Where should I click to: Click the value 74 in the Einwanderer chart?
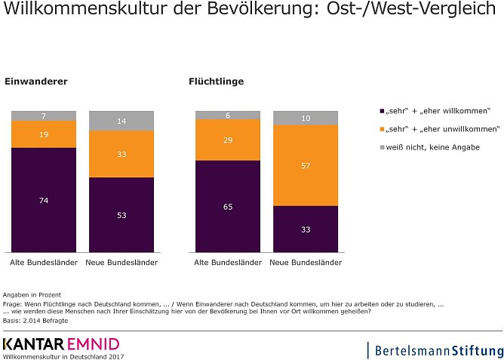coord(44,200)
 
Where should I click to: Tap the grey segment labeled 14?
coord(121,121)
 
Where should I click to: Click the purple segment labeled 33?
coord(306,229)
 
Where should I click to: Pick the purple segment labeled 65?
coord(228,205)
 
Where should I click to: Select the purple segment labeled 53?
coord(121,214)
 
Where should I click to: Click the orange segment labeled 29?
coord(228,140)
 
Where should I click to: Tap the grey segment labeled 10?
coord(306,118)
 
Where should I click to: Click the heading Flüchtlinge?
coord(216,82)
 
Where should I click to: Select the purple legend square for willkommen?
coord(383,110)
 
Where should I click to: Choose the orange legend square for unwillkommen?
coord(383,129)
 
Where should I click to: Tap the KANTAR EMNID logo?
coord(60,345)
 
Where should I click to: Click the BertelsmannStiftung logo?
coord(436,350)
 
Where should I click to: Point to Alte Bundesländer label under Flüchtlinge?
coord(227,263)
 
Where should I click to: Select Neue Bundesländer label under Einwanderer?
coord(121,263)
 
